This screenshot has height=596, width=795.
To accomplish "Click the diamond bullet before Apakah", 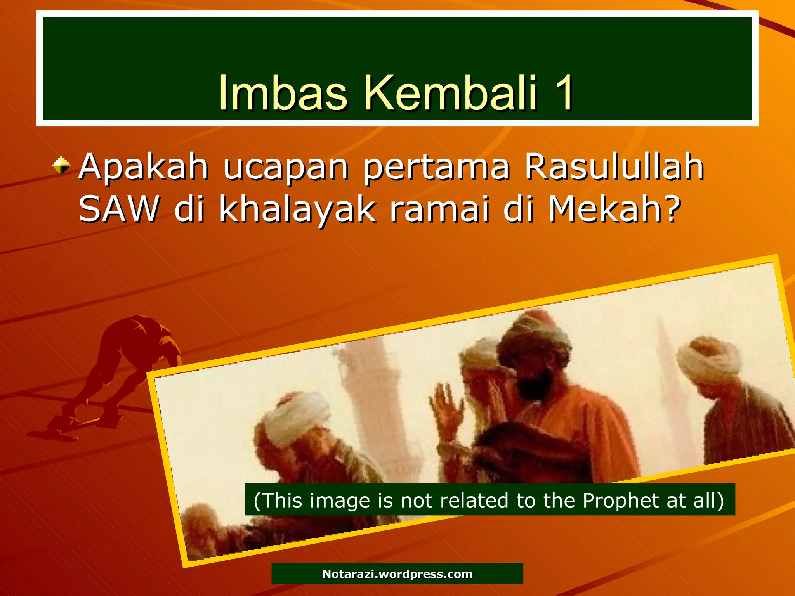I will (61, 166).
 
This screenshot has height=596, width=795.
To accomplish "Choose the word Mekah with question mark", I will (614, 209).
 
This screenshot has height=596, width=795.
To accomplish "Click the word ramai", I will (439, 209).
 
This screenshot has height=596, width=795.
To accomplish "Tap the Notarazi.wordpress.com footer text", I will (397, 574).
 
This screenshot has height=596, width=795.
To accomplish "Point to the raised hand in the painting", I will (446, 411).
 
